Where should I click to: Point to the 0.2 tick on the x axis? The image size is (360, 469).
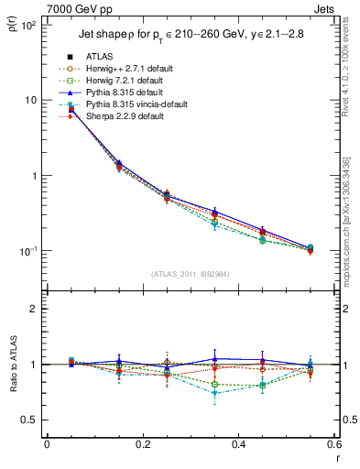tap(143, 445)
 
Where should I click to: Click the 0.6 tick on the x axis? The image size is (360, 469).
tap(334, 445)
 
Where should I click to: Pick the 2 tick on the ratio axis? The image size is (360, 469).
tap(37, 309)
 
